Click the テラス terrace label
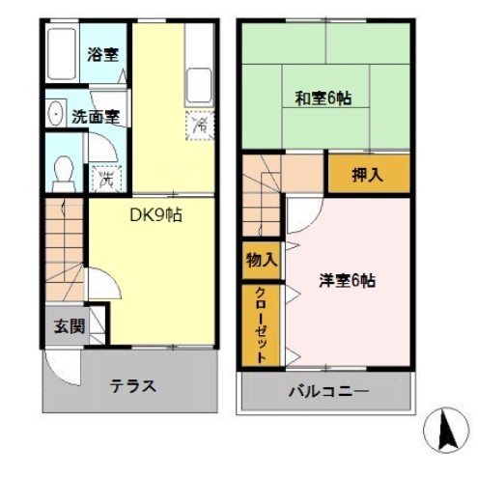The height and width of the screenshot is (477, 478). point(132,385)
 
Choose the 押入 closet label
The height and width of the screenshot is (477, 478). point(366,175)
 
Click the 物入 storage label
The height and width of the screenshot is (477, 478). point(261,260)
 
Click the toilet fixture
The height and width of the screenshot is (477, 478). point(65,173)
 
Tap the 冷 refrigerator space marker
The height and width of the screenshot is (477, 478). point(200,125)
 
